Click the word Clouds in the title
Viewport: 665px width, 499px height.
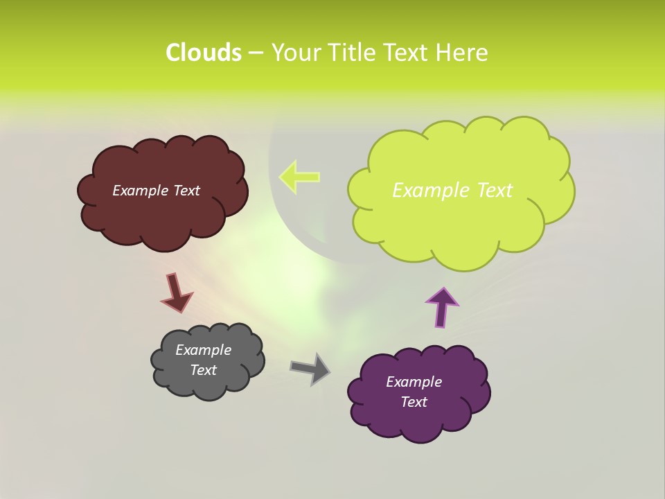tap(204, 53)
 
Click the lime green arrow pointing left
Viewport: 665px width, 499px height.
tap(299, 177)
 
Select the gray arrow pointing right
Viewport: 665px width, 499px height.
tap(310, 368)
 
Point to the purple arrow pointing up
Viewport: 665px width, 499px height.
tap(441, 306)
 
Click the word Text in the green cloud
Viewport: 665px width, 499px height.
tap(495, 191)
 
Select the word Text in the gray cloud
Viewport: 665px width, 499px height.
tap(203, 370)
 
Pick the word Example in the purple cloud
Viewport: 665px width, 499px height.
tap(414, 382)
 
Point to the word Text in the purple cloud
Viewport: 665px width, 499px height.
tap(414, 402)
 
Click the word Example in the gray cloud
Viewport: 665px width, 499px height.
tap(203, 350)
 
